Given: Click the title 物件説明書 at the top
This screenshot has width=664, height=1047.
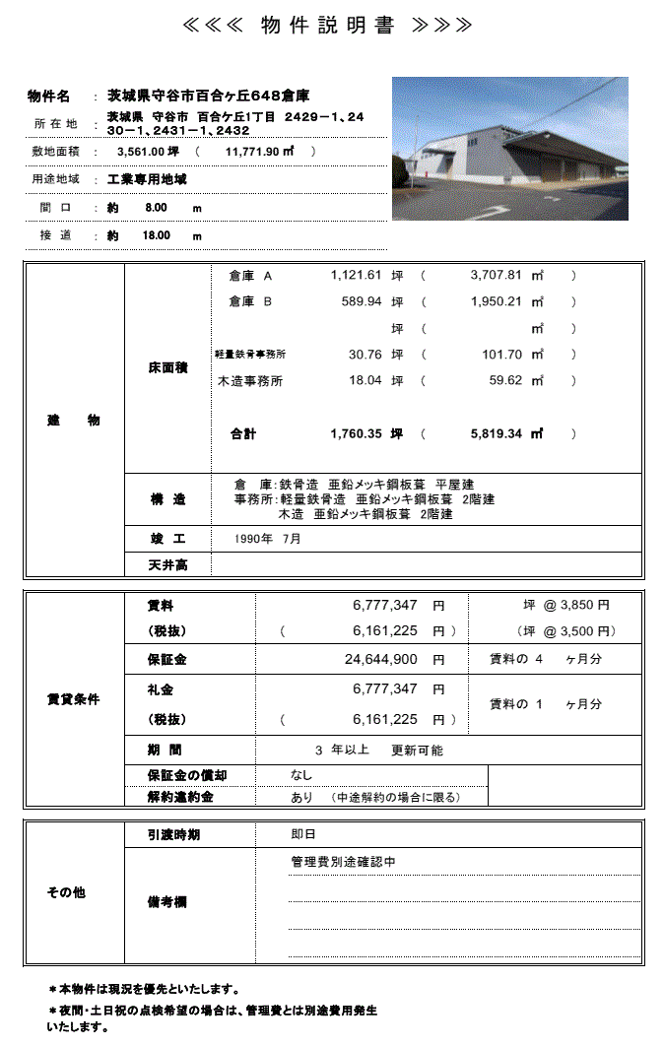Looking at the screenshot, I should [x=328, y=26].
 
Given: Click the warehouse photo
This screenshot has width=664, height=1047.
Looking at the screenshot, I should [x=509, y=148].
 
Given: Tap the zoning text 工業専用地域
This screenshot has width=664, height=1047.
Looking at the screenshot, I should [x=147, y=180].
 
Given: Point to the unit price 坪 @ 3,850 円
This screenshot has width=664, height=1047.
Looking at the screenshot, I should [x=565, y=605].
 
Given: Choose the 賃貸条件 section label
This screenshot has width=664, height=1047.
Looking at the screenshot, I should [x=73, y=699].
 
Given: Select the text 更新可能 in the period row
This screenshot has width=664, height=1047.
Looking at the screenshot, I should [x=417, y=751].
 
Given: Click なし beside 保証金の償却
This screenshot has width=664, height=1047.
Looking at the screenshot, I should [x=301, y=776].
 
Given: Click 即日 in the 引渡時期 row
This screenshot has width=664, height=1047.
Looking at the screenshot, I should [x=302, y=834].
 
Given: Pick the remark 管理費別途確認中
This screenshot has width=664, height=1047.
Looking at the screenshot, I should [x=343, y=862].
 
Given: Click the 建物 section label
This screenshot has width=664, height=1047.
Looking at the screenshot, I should [x=73, y=421].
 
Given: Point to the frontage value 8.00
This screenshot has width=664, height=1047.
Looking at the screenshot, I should [x=156, y=209].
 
